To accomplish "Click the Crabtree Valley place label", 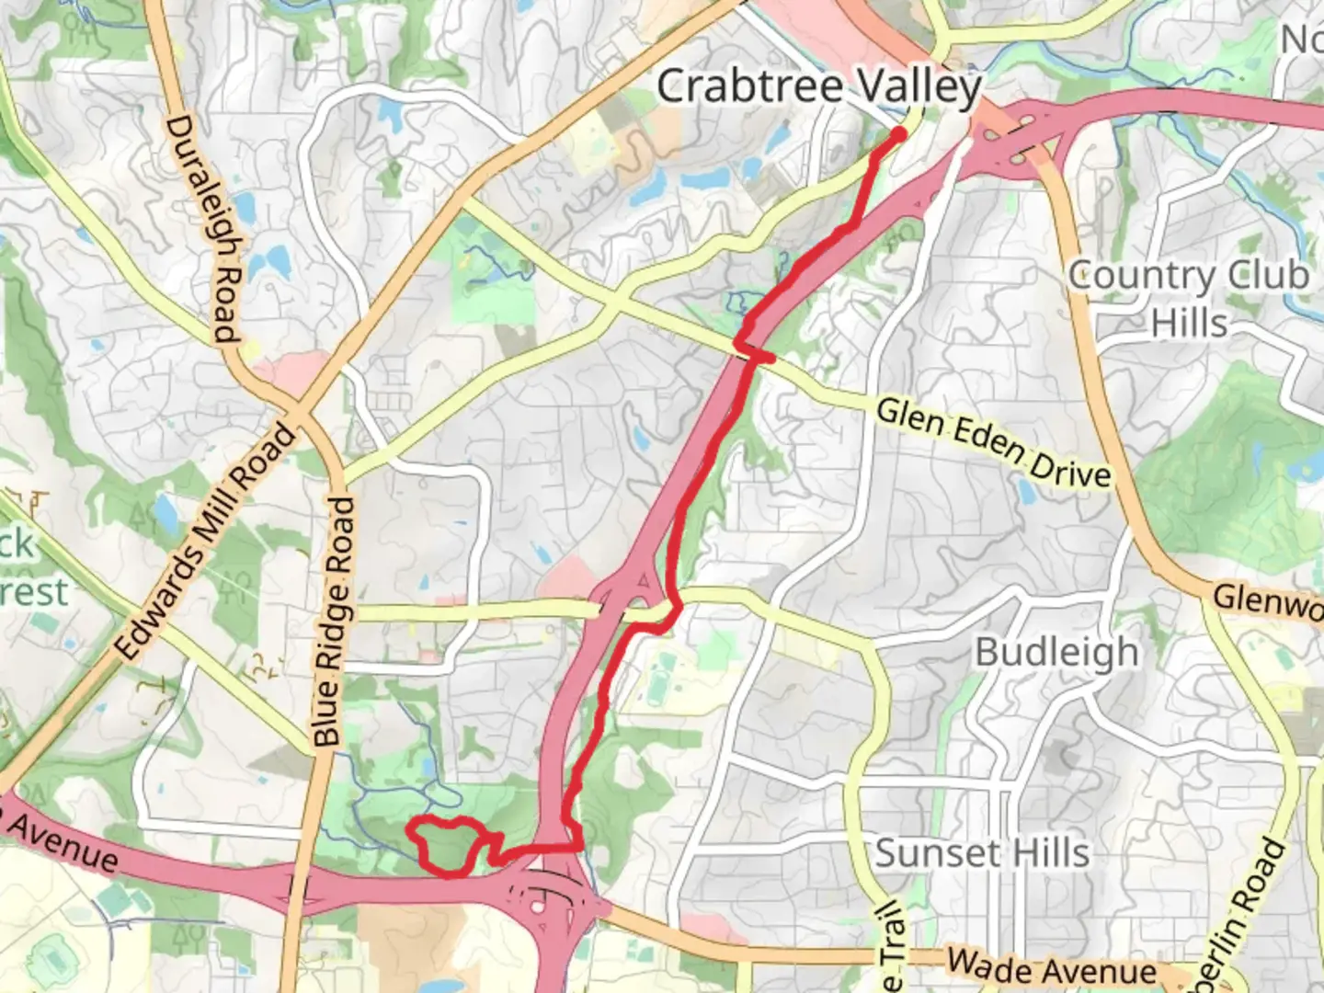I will pyautogui.click(x=818, y=87).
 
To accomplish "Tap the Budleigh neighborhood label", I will pyautogui.click(x=1056, y=653).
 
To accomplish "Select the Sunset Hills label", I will pyautogui.click(x=982, y=853).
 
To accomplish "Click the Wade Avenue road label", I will pyautogui.click(x=1052, y=968).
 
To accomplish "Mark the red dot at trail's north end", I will pyautogui.click(x=897, y=134).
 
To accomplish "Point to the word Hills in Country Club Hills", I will pyautogui.click(x=1189, y=324).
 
